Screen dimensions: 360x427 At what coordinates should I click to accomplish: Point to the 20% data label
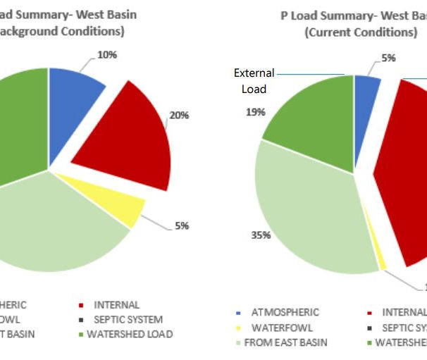[180, 115]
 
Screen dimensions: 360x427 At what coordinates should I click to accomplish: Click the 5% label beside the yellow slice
[182, 226]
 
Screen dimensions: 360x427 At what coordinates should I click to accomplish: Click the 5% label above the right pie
[388, 58]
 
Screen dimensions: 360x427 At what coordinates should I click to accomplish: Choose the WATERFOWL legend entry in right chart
[280, 328]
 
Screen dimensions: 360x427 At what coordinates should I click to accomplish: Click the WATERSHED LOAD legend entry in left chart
[130, 334]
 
